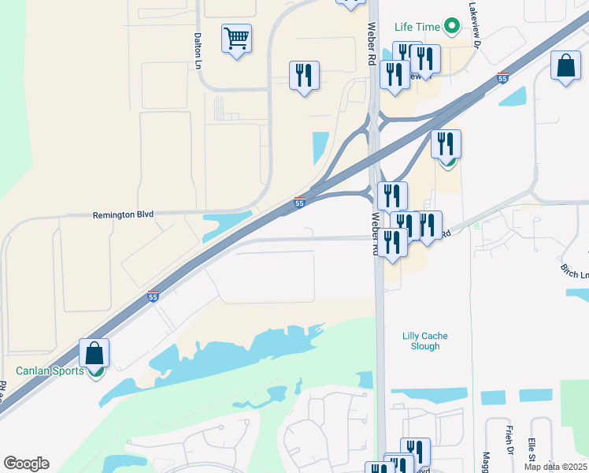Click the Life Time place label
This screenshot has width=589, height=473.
tap(417, 27)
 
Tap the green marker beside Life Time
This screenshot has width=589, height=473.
tap(451, 27)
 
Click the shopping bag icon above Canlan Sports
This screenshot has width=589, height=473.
tap(94, 353)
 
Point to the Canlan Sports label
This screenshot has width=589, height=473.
tap(50, 371)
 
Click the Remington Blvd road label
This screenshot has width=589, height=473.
tap(123, 214)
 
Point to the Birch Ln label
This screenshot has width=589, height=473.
tap(575, 270)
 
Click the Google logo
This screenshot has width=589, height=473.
tap(26, 464)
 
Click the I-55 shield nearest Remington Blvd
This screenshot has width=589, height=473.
tap(299, 203)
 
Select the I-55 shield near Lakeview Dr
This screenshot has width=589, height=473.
tap(503, 77)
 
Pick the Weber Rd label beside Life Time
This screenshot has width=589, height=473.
tap(372, 38)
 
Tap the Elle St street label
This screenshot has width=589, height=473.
tap(532, 447)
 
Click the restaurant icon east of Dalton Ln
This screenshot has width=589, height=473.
tap(304, 76)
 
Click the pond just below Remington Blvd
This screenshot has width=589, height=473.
tap(227, 225)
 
